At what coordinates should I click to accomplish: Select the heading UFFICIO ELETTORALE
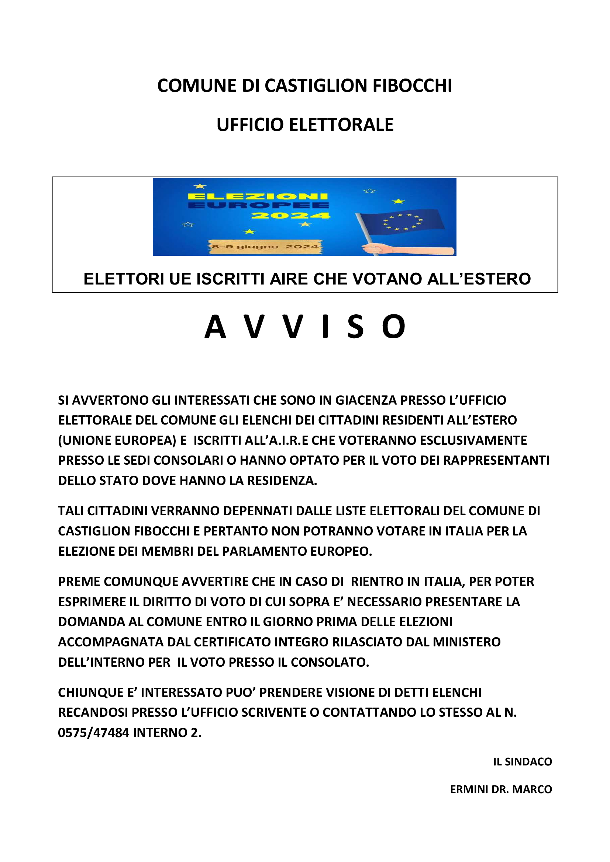click(x=305, y=125)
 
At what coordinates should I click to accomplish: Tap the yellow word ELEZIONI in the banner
click(x=258, y=196)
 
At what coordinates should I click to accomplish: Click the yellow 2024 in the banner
click(x=290, y=216)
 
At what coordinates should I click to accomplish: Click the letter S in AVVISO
click(x=355, y=327)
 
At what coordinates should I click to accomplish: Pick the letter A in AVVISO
click(x=215, y=327)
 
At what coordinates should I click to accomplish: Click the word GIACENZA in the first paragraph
click(x=365, y=400)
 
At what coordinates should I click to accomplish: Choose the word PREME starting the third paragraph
click(x=79, y=582)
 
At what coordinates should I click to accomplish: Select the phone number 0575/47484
click(x=94, y=733)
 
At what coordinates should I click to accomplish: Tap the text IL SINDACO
click(x=523, y=762)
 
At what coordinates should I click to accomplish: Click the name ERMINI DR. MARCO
click(x=501, y=789)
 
